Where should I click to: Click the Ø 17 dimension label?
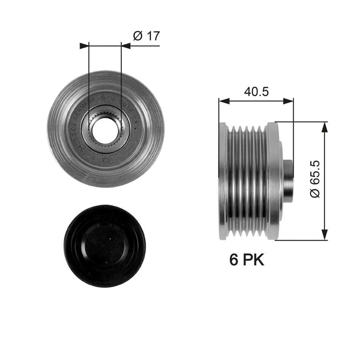click(146, 36)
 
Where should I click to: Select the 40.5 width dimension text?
click(256, 92)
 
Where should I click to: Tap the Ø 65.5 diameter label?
click(315, 179)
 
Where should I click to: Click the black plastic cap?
click(105, 246)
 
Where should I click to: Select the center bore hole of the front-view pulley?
click(105, 129)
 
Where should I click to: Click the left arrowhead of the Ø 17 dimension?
click(84, 46)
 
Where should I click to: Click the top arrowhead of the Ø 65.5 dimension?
click(324, 127)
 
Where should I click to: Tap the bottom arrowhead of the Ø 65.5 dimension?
click(324, 235)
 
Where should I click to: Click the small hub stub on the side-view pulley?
click(288, 179)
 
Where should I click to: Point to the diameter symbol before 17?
click(138, 36)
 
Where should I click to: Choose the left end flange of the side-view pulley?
click(223, 181)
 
